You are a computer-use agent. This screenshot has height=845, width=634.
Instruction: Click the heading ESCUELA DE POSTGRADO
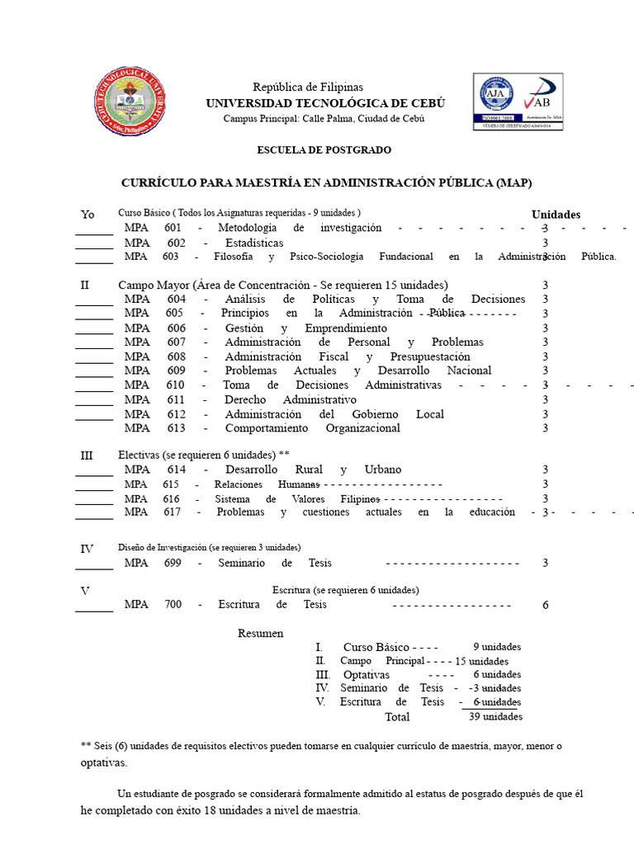pos(313,150)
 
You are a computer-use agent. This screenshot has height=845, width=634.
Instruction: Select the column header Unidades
pos(556,215)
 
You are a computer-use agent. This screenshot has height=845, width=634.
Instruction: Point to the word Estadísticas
pos(254,243)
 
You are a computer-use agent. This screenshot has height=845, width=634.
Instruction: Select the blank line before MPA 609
pos(94,374)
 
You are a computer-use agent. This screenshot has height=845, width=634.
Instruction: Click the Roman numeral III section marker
pos(87,456)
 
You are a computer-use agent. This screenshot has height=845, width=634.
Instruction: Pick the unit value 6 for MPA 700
pos(545,605)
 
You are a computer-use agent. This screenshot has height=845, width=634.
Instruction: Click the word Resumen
pos(260,633)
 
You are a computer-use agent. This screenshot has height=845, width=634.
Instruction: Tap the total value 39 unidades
pos(495,717)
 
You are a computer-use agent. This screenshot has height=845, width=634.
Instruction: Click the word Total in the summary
pos(397,717)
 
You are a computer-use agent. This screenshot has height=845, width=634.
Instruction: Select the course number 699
pos(172,563)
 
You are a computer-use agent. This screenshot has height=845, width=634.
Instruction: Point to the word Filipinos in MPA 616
pos(360,499)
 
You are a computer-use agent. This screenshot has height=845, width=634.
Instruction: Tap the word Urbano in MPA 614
pos(382,470)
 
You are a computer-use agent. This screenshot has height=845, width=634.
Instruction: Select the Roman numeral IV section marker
pos(87,549)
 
